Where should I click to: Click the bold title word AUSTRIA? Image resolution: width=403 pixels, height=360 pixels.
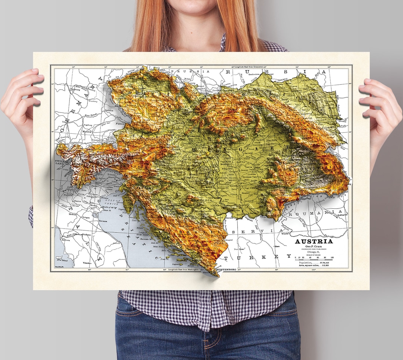[x=314, y=241]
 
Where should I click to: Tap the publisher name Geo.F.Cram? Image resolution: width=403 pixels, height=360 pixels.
[x=314, y=247]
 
